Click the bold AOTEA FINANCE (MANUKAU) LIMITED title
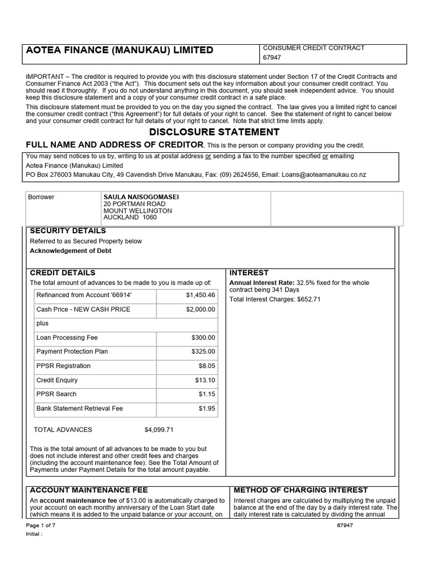tap(120, 50)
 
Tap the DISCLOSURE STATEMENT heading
tap(214, 133)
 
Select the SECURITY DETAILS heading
tap(68, 231)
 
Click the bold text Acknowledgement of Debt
tap(70, 251)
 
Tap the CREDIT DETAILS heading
tap(63, 273)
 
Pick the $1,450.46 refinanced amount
tap(200, 295)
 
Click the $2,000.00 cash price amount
tap(200, 309)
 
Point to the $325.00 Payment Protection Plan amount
tap(203, 352)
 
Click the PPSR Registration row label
tap(63, 366)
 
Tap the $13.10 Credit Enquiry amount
tap(205, 381)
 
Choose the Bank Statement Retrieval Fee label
tap(79, 408)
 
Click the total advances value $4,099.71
tap(159, 430)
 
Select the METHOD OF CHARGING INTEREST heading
tap(301, 490)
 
